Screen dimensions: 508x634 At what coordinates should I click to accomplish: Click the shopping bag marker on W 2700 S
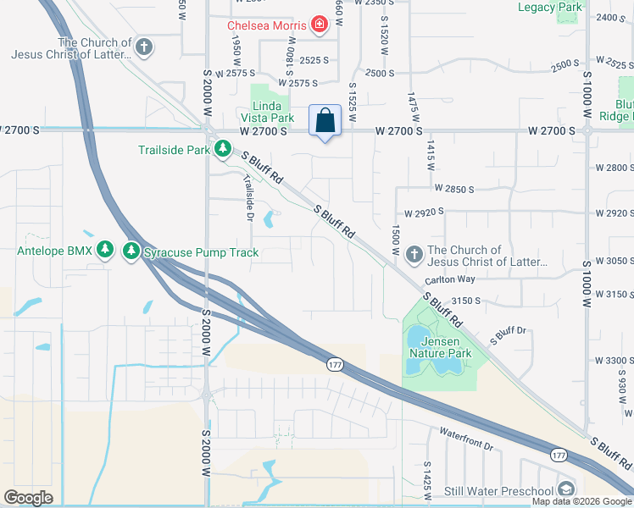(x=325, y=120)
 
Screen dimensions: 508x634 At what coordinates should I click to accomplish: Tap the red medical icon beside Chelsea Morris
(x=319, y=25)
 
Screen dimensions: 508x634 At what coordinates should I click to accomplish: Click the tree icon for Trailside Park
(x=222, y=149)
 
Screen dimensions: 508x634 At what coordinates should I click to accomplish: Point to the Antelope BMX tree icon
(x=105, y=251)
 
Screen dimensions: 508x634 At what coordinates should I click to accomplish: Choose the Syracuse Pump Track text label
(x=201, y=252)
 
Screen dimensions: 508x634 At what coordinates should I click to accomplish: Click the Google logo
(x=29, y=497)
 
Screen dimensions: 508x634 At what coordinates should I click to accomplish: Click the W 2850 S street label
(x=458, y=188)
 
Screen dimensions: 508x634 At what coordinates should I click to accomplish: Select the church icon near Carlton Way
(x=414, y=253)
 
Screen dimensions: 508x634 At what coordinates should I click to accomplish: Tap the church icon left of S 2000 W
(x=144, y=46)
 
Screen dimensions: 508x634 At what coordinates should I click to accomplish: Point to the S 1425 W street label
(x=426, y=478)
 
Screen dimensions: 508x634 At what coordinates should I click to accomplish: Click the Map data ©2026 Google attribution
(x=581, y=501)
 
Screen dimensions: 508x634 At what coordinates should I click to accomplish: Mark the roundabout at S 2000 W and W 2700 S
(x=208, y=130)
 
